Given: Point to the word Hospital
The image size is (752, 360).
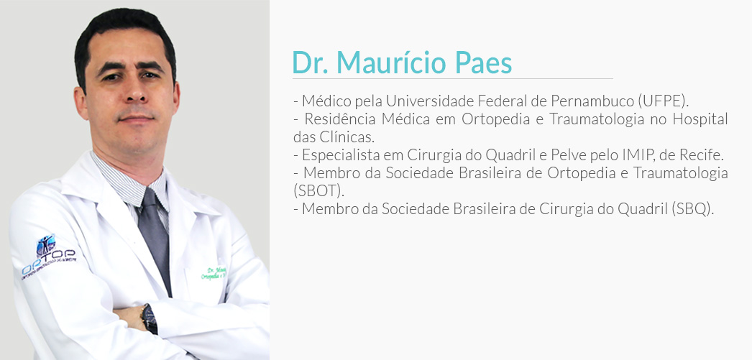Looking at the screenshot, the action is [700, 119].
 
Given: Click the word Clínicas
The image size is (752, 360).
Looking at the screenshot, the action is [347, 137].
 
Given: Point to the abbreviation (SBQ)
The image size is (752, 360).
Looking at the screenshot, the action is [693, 209].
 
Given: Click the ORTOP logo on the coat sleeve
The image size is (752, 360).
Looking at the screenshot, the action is [48, 255].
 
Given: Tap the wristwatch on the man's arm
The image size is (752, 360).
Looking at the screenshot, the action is [149, 318].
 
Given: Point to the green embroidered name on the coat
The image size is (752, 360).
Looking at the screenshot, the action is [214, 273].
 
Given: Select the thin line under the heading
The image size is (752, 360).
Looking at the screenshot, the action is [453, 78].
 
